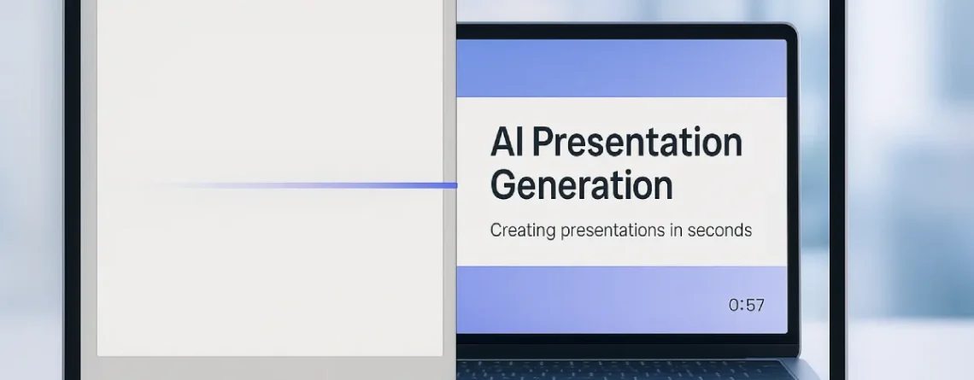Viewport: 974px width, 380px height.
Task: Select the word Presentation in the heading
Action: point(637,143)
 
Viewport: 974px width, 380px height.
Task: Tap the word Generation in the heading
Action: point(581,184)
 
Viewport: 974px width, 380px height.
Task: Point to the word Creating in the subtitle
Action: point(519,231)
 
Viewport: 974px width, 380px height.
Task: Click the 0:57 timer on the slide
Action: point(746,305)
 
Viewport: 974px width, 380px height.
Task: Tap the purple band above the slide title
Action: point(621,68)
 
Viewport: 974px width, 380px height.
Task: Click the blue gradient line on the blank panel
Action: point(342,184)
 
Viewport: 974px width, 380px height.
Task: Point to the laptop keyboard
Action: point(624,370)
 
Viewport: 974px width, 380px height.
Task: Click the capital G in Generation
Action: point(505,184)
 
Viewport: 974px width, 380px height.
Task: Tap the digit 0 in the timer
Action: point(734,305)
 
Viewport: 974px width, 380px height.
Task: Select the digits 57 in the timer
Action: point(754,305)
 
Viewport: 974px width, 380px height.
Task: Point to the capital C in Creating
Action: point(496,231)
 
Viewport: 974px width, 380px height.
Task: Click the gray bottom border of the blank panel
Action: point(273,367)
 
